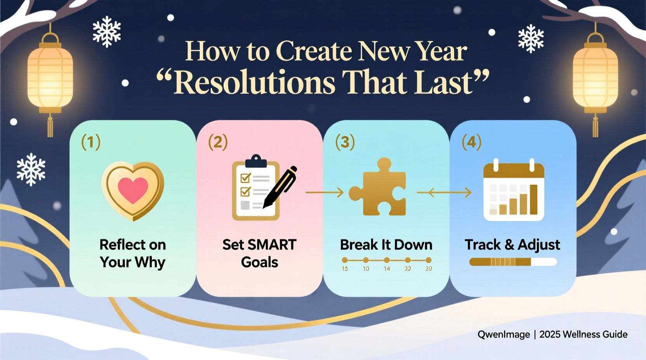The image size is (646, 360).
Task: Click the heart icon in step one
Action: (x=133, y=190)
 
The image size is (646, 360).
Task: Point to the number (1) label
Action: (x=91, y=142)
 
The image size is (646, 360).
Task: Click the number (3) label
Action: (x=345, y=142)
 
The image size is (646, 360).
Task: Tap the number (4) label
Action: (x=471, y=142)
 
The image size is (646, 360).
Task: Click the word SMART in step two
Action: (x=272, y=245)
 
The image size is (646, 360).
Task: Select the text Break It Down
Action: (x=386, y=245)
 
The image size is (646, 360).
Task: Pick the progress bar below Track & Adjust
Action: (x=512, y=262)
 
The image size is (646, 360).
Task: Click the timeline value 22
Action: (x=408, y=268)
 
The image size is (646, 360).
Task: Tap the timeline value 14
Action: (x=387, y=268)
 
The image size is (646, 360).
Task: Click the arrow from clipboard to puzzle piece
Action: (x=325, y=192)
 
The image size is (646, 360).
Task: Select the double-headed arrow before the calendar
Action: (x=444, y=192)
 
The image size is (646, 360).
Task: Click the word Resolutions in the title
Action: (x=254, y=83)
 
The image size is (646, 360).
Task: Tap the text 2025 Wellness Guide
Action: (x=583, y=334)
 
